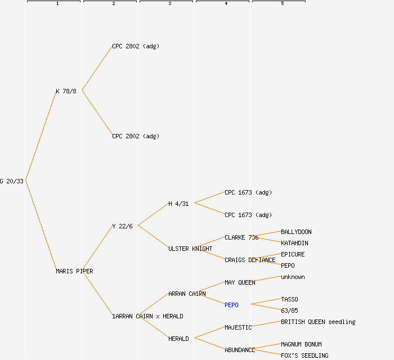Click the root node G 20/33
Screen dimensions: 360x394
click(x=12, y=181)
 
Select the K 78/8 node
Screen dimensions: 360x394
click(x=66, y=91)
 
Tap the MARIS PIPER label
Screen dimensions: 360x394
click(x=74, y=271)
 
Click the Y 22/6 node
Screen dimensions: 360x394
click(x=122, y=226)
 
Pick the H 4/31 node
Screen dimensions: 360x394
click(x=178, y=204)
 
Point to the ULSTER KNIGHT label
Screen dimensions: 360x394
click(x=190, y=249)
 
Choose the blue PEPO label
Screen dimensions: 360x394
click(x=231, y=305)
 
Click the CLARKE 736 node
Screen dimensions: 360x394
click(x=241, y=237)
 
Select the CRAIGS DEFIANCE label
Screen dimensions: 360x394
click(x=250, y=260)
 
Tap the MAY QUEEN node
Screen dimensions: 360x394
click(x=240, y=282)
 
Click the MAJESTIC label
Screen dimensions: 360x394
click(x=238, y=327)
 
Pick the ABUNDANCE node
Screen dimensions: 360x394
click(x=240, y=350)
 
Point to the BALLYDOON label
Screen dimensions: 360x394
click(x=296, y=232)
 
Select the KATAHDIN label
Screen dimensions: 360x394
click(x=294, y=243)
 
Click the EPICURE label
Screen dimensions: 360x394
click(x=293, y=254)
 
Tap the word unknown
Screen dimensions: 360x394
click(x=293, y=277)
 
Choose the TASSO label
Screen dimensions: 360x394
click(x=289, y=299)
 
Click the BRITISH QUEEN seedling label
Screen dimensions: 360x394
click(x=318, y=322)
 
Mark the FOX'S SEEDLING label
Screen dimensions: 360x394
click(x=305, y=355)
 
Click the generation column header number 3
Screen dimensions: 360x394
click(x=169, y=4)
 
